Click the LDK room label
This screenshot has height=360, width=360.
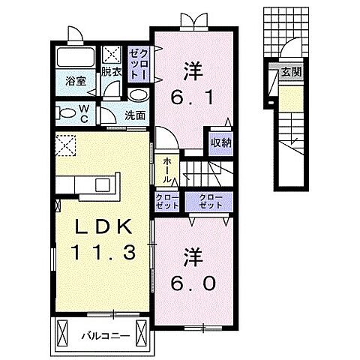click(104, 227)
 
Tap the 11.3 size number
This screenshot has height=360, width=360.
click(104, 253)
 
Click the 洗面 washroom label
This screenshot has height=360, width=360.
click(135, 116)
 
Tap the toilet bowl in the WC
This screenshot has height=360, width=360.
click(66, 114)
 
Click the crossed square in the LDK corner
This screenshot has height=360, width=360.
click(67, 145)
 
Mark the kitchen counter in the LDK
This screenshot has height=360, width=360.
click(88, 183)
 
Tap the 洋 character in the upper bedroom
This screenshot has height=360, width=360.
click(192, 69)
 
